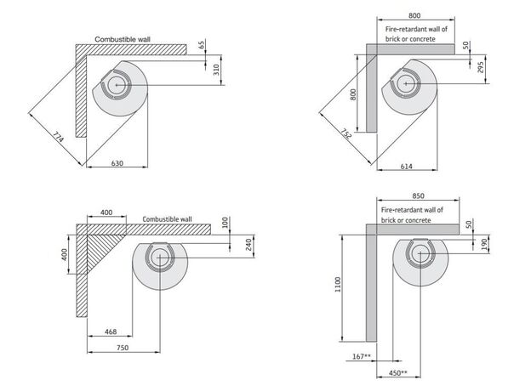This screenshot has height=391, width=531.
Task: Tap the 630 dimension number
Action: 118,161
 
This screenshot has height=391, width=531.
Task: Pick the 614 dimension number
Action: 407,167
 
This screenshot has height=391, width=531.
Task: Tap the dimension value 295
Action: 480,68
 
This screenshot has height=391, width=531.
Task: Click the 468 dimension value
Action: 111,331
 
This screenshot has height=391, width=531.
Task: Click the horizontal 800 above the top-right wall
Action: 414,15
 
